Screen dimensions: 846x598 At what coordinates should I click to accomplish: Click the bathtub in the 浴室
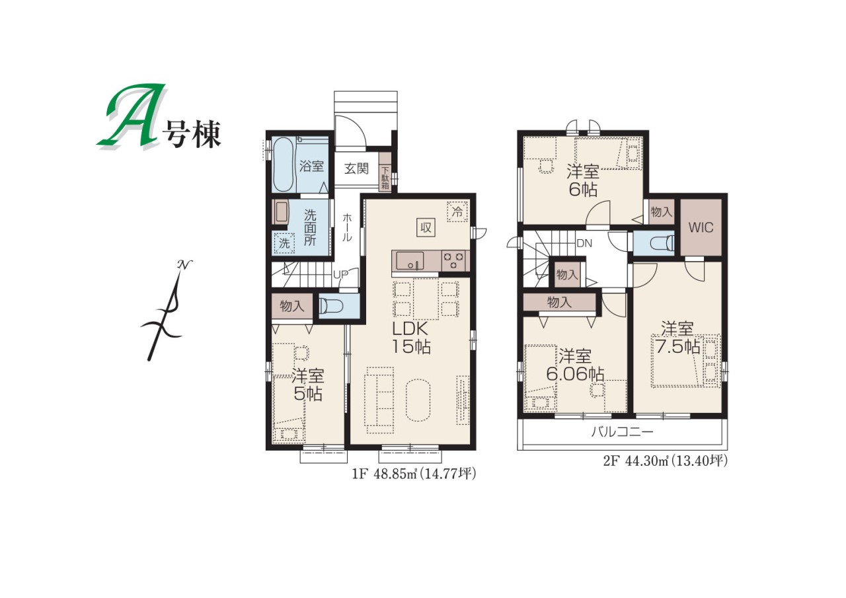[283, 165]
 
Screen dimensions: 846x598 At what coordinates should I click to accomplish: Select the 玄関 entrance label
[356, 168]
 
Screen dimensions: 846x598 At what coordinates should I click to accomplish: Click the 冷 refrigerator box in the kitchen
[457, 212]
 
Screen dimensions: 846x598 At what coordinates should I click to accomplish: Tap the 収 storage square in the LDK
[426, 228]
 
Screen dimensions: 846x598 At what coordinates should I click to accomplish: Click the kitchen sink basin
[410, 261]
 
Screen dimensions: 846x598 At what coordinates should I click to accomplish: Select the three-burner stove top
[453, 261]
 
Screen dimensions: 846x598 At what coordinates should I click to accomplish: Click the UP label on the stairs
[340, 275]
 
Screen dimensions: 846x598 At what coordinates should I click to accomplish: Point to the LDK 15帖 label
[411, 338]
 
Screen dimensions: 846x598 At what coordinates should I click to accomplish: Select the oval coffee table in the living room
[418, 400]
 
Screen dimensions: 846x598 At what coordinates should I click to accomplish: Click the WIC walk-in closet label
[701, 227]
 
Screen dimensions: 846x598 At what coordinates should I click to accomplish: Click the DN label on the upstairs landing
[584, 244]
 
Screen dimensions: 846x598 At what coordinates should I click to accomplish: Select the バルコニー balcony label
[622, 431]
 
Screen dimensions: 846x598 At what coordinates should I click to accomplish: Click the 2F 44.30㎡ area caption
[665, 461]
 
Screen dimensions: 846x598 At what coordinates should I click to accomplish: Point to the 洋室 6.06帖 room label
[575, 365]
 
